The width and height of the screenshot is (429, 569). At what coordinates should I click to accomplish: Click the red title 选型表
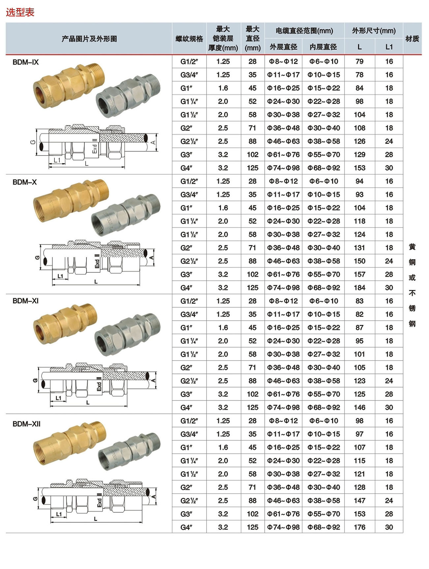click(x=20, y=12)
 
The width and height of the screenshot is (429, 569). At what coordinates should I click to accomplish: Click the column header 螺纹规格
click(x=189, y=39)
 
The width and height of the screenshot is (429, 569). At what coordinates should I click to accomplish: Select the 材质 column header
click(x=412, y=39)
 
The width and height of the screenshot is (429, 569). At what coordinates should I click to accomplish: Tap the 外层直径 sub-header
click(x=283, y=47)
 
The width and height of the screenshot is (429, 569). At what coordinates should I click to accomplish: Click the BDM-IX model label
click(x=25, y=62)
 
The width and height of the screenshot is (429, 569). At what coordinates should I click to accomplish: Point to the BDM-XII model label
click(x=26, y=424)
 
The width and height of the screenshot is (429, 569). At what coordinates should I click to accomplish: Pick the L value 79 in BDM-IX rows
click(x=359, y=61)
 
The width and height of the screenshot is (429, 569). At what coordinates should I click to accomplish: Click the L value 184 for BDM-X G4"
click(x=359, y=288)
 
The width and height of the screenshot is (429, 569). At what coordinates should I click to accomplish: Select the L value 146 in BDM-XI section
click(x=359, y=407)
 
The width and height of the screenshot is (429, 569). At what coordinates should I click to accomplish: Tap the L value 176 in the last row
click(x=359, y=527)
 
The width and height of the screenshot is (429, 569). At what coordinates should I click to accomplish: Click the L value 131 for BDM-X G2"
click(x=359, y=248)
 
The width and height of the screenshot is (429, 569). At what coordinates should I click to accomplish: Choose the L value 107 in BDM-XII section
click(x=359, y=447)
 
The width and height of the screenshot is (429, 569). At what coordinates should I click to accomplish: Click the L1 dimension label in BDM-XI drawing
click(x=58, y=398)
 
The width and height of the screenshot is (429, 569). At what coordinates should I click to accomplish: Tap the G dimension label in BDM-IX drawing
click(x=33, y=142)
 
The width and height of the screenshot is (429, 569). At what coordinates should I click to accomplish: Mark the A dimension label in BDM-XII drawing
click(x=153, y=497)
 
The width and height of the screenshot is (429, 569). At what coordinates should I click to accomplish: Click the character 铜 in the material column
click(x=412, y=262)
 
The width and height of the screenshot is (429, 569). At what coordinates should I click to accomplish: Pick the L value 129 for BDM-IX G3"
click(x=359, y=155)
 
